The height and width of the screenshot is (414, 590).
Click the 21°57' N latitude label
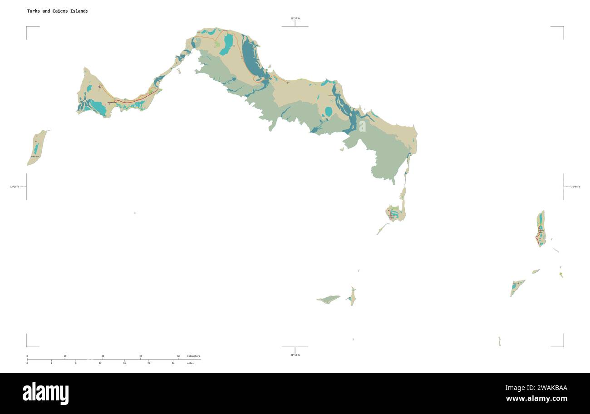[x=295, y=19]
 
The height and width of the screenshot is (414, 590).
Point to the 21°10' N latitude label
[x=295, y=355]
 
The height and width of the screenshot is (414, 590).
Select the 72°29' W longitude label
[x=15, y=187]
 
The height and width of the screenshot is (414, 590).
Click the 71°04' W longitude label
[x=575, y=187]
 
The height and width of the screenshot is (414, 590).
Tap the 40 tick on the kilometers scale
[x=178, y=356]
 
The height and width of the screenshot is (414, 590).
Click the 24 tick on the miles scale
[x=173, y=363]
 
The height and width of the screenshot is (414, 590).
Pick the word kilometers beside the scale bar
[x=193, y=356]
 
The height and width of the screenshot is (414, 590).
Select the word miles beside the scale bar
[x=190, y=363]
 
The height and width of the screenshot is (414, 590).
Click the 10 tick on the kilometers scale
[x=65, y=356]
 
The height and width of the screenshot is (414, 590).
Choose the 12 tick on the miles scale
[x=100, y=363]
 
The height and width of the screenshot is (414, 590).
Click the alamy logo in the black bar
[x=45, y=393]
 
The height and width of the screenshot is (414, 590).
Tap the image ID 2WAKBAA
[x=536, y=388]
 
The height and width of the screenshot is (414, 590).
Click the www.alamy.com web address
[x=536, y=399]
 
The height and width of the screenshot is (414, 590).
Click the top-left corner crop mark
[x=27, y=27]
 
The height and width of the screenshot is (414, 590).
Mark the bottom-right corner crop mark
[x=563, y=346]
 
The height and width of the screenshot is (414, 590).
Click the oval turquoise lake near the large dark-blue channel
[x=329, y=112]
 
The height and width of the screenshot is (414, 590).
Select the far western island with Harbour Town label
[x=36, y=148]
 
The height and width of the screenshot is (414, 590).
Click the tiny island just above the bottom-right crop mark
[x=499, y=341]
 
